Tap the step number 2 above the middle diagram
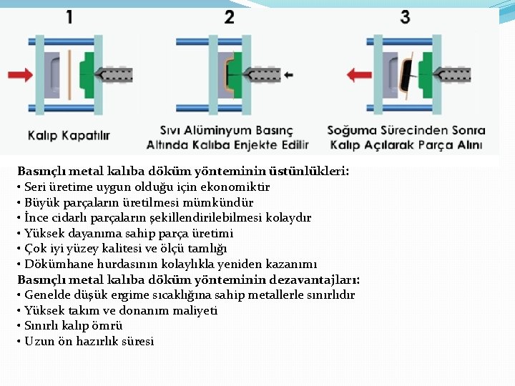click(229, 15)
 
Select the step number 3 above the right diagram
click(405, 15)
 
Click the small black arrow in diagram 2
click(288, 74)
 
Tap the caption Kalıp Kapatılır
click(69, 134)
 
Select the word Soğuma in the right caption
click(351, 131)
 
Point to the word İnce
click(36, 218)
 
